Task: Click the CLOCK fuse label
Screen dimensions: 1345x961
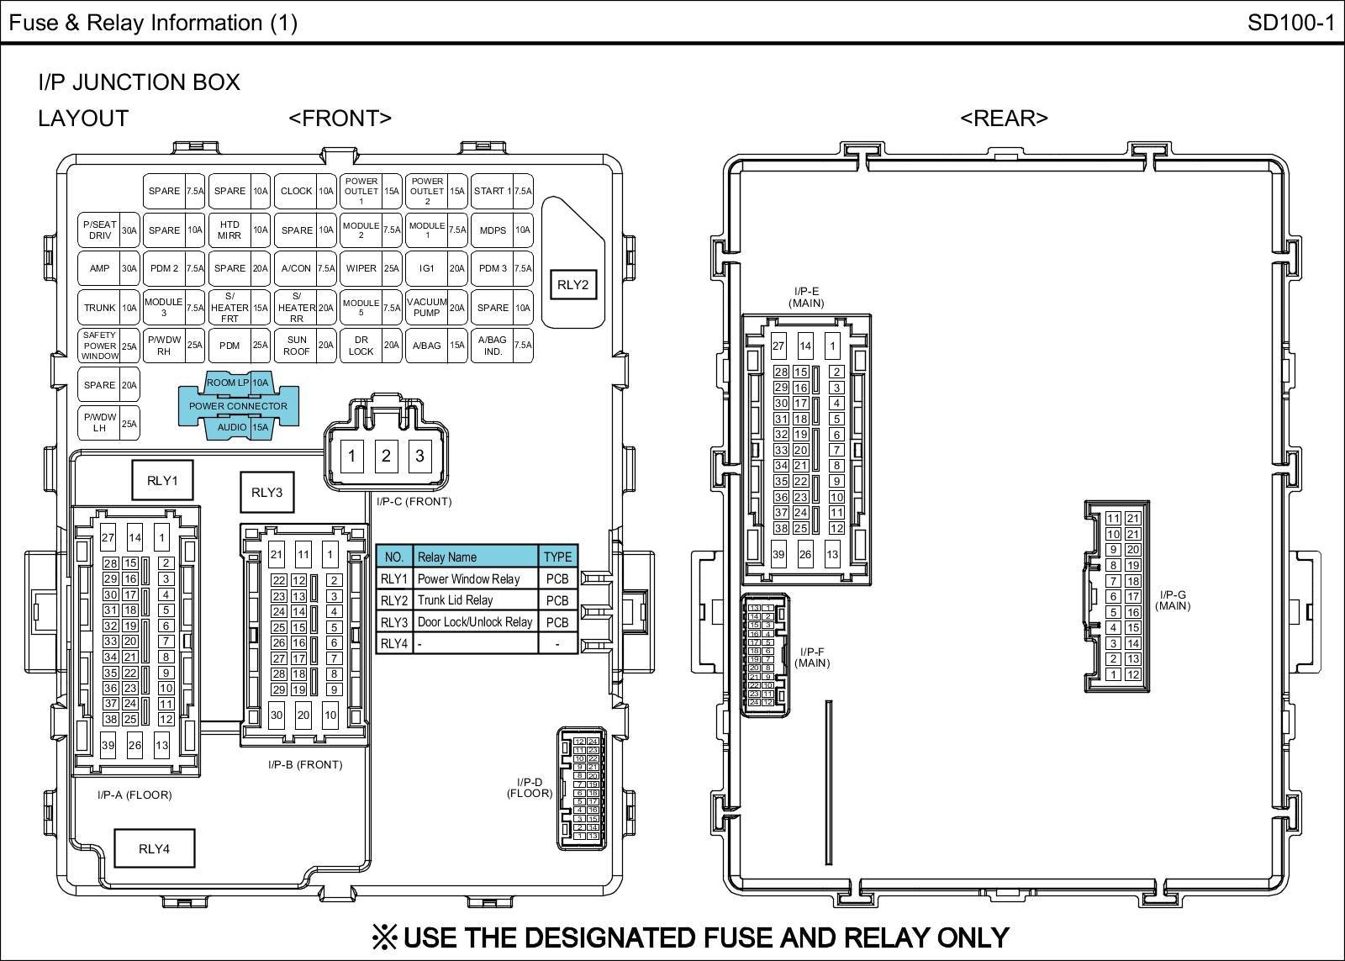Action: click(296, 191)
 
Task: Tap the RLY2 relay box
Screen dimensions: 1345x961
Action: click(572, 285)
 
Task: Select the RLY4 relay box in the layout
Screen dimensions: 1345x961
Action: click(154, 848)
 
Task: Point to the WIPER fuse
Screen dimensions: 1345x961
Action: click(361, 268)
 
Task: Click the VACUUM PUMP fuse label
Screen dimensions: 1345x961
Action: click(427, 307)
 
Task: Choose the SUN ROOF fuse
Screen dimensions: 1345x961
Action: click(297, 346)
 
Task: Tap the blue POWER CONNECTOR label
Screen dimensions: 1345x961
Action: click(238, 406)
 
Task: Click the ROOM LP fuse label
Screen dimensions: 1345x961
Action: click(222, 383)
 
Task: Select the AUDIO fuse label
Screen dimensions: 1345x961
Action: click(232, 427)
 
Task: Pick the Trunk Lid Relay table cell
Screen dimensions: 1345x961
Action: click(475, 600)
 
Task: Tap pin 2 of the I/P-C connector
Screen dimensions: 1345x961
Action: click(386, 457)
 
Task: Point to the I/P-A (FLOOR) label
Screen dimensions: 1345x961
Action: click(134, 795)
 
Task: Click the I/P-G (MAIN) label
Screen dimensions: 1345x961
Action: click(1173, 600)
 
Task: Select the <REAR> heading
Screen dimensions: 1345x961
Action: click(1004, 118)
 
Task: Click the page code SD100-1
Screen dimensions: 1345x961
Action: click(1290, 23)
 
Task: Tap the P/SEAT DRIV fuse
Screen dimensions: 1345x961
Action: click(99, 230)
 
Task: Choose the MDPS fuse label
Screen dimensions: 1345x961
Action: click(493, 230)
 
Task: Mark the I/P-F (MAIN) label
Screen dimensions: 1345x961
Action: click(812, 657)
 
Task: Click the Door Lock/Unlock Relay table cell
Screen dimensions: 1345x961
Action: click(475, 622)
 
